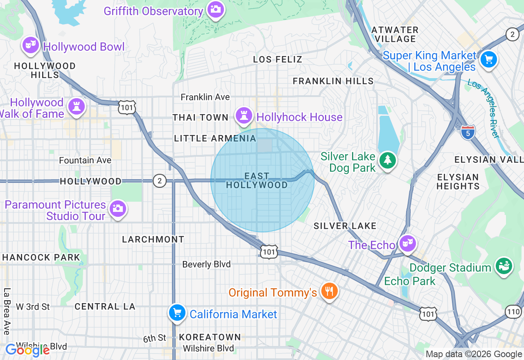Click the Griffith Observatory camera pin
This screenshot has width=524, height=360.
coord(215,9)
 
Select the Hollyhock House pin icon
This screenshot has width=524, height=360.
coord(244,115)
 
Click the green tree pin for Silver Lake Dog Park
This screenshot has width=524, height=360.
coord(387,160)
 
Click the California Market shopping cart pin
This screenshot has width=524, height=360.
coord(177,313)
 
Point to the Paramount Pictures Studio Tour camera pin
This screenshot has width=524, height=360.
coord(118,208)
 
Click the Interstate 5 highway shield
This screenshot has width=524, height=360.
coord(468,132)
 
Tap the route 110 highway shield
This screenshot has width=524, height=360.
coord(513,312)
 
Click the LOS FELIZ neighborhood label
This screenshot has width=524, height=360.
coord(278,59)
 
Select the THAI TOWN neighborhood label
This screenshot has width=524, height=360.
coord(200,117)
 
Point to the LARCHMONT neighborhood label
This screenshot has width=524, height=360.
coord(153,239)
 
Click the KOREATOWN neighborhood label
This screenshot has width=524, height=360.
coord(210,337)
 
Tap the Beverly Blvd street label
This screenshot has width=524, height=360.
coord(206,264)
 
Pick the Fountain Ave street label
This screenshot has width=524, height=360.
coord(85,160)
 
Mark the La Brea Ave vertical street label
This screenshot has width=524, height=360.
coord(7,311)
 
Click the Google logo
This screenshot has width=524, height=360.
coord(27,350)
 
